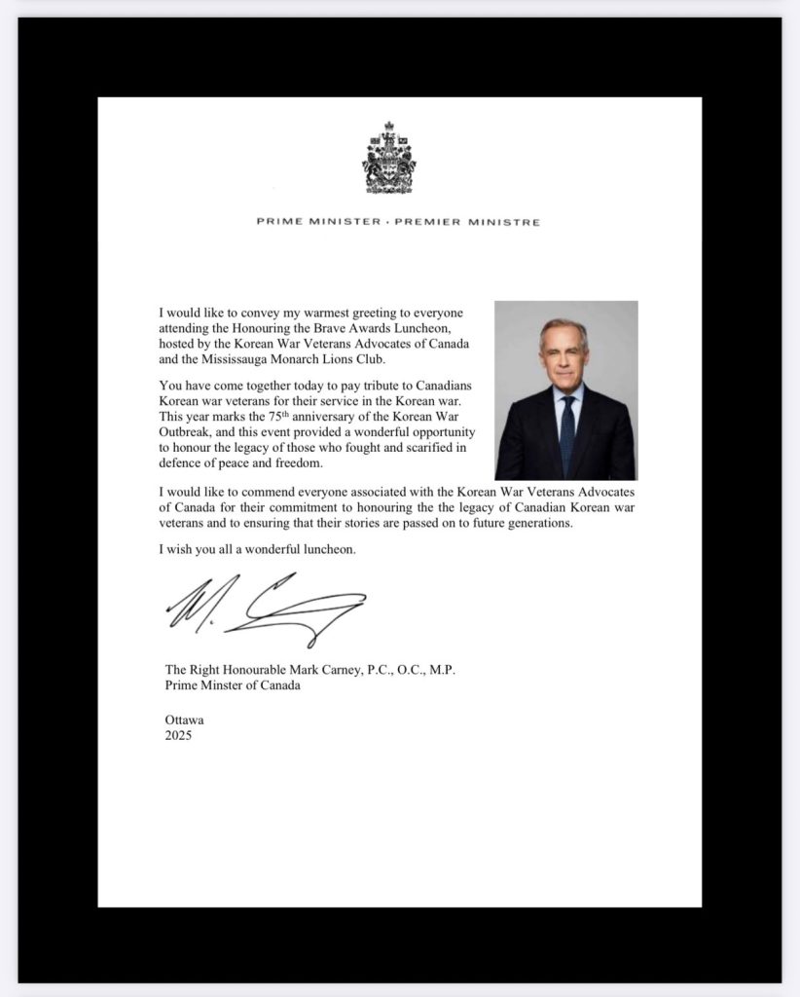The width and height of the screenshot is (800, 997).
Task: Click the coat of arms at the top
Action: [x=389, y=158]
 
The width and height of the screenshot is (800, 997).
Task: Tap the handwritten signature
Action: [x=266, y=608]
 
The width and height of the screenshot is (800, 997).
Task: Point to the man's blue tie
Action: [x=567, y=434]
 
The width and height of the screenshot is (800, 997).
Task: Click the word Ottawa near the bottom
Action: [x=185, y=720]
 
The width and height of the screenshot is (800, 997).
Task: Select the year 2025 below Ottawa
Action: [x=179, y=736]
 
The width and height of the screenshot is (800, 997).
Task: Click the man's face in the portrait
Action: [x=564, y=355]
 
